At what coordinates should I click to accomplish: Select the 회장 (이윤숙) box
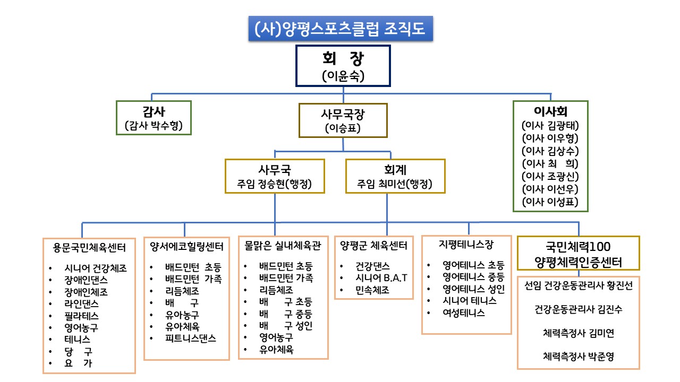tap(343, 66)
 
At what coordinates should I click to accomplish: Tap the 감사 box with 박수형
tap(154, 118)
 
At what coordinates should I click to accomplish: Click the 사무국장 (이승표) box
tap(343, 120)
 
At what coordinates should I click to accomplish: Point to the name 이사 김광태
tap(550, 126)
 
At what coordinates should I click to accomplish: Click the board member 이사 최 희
tap(550, 163)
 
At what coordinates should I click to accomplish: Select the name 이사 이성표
tap(550, 202)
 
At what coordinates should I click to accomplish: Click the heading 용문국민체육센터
tap(89, 247)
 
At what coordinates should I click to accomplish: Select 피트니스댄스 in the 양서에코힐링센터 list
tap(190, 338)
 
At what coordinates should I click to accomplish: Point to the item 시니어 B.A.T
tap(381, 277)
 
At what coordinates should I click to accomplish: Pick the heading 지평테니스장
tap(466, 245)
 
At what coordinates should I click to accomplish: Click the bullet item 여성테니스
tap(464, 312)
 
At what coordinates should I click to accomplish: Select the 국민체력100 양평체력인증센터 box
tap(578, 254)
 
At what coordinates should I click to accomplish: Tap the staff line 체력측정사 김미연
tap(578, 333)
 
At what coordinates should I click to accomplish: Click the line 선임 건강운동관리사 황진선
tap(578, 286)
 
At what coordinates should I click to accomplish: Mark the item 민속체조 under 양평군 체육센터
tap(372, 290)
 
